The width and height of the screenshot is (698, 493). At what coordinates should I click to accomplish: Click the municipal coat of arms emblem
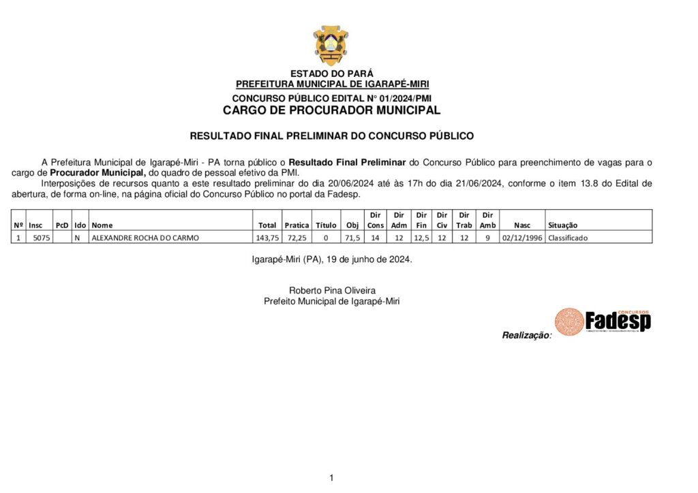331,45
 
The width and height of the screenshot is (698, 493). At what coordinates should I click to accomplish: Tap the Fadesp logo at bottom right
603,321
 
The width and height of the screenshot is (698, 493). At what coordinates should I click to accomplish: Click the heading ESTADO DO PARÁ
332,74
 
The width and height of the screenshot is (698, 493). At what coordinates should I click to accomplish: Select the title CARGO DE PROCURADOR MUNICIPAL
332,110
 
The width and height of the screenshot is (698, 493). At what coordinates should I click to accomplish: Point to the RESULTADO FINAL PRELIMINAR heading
331,136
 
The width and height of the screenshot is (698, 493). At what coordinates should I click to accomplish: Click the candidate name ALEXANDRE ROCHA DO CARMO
146,238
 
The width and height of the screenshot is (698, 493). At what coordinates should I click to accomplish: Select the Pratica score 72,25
297,238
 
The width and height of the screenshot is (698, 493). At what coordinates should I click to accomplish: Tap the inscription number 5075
42,238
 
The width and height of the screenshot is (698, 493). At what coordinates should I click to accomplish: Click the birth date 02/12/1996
521,238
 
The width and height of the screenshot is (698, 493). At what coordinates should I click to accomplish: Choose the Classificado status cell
568,238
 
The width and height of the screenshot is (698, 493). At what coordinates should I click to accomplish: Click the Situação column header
562,225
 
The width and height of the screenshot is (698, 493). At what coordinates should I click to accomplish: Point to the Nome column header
102,225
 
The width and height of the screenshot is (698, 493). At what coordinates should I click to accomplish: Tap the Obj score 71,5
353,238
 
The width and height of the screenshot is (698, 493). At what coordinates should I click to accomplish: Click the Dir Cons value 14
375,238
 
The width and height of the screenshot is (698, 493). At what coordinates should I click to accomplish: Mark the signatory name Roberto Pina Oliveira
332,291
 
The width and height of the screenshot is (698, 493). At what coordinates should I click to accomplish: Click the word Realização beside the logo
526,335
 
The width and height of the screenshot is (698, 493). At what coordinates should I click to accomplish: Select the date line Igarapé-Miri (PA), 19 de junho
332,259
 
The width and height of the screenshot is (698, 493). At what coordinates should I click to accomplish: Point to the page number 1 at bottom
331,478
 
